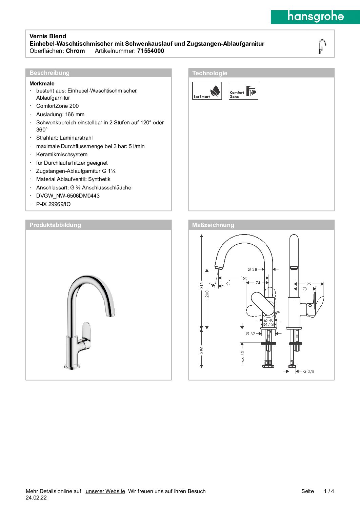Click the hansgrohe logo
tap(315, 17)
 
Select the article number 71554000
tap(151, 51)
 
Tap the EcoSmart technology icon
tap(207, 90)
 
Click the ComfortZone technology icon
tap(243, 90)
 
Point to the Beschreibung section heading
tap(49, 73)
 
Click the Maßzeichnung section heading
tap(213, 225)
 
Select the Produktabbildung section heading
tap(55, 225)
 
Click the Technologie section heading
tap(209, 73)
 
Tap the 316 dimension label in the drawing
tap(202, 285)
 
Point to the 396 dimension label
tap(202, 350)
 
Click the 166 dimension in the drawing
tap(244, 278)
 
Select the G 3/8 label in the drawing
tap(308, 371)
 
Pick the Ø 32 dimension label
tap(251, 334)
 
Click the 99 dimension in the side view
tap(309, 284)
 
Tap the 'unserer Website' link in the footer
tap(105, 491)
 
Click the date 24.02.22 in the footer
tap(36, 498)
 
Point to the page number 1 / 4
tap(329, 491)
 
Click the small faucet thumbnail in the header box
tap(322, 46)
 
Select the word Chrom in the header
tap(75, 51)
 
